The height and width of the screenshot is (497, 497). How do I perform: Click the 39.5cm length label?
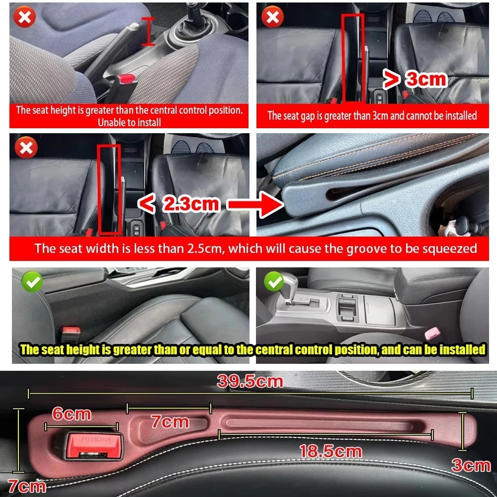point(250,382)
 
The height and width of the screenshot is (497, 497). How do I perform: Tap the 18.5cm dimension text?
point(330,451)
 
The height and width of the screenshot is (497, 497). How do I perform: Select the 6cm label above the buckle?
point(72,414)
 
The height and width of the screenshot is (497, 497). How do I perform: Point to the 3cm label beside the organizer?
point(471,465)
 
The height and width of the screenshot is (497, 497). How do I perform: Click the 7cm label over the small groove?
point(170,422)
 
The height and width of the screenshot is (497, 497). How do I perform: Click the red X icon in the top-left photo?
point(24,18)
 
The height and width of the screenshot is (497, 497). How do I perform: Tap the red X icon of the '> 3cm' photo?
point(272,18)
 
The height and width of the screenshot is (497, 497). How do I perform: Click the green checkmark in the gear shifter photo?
point(274,282)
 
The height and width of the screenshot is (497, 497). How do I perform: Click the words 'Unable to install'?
point(129,122)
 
